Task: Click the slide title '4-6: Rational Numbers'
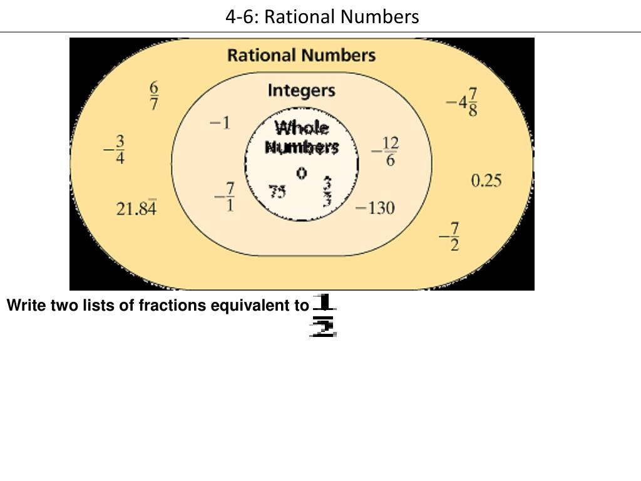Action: (x=322, y=16)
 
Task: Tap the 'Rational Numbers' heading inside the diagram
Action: (x=301, y=55)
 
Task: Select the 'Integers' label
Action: (x=301, y=91)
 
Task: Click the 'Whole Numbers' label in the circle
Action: (x=302, y=138)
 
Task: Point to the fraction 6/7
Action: (x=154, y=96)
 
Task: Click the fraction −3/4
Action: (x=115, y=150)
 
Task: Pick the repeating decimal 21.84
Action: (x=136, y=208)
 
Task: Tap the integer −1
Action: (x=220, y=123)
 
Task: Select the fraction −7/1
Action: (x=225, y=197)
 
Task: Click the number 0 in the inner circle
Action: (x=302, y=173)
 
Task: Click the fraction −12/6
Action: (x=385, y=152)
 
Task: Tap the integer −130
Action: (x=375, y=207)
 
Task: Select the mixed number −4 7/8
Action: (x=463, y=101)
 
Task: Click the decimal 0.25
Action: (x=486, y=181)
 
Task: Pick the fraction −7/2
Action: (x=449, y=236)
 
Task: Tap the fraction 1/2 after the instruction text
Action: (x=324, y=316)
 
